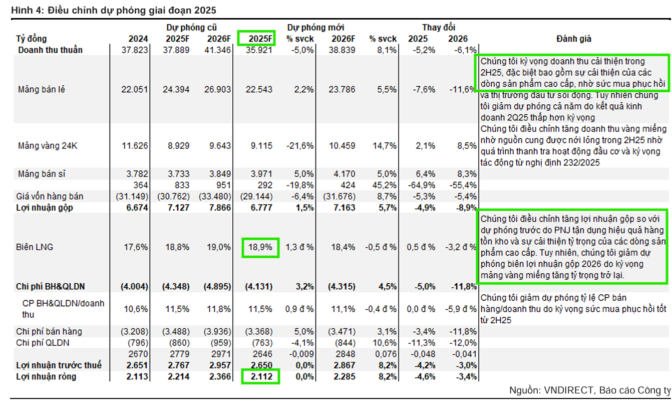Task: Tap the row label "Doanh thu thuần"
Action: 50,50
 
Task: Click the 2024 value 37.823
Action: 135,50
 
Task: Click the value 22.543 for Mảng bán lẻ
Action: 260,90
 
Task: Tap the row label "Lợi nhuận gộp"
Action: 45,208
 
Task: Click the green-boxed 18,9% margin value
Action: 260,247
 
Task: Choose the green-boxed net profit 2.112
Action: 260,376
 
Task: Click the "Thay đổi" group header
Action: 439,28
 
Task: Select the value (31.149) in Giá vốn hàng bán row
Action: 133,196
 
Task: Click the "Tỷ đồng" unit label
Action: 31,39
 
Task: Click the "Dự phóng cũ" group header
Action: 192,28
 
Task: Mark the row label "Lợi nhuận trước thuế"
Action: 59,365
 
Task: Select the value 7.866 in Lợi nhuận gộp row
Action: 219,208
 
